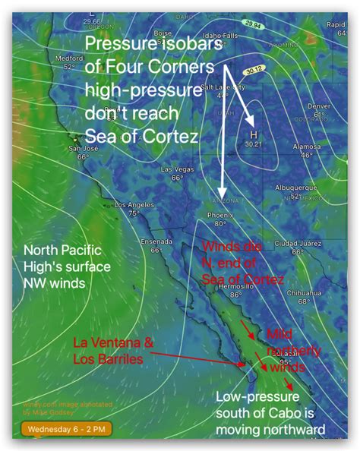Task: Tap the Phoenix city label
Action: (x=218, y=215)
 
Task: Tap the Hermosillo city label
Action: (x=235, y=287)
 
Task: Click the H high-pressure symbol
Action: (x=254, y=134)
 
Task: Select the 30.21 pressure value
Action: (x=254, y=143)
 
